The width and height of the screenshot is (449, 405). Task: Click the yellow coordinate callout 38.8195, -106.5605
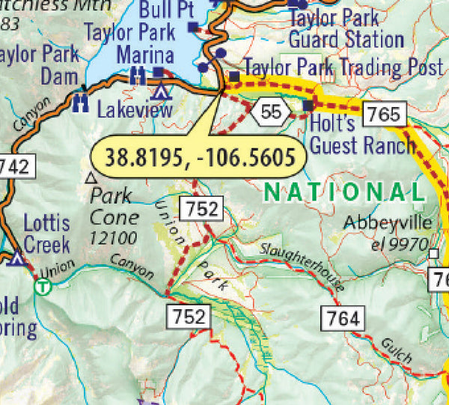tap(194, 157)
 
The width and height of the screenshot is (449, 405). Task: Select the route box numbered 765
tap(384, 115)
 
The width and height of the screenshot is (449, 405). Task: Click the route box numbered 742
tap(16, 166)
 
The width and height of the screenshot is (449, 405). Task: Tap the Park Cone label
tap(112, 207)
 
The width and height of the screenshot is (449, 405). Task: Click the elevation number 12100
tap(112, 238)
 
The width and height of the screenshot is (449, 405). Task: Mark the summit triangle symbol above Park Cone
tap(91, 178)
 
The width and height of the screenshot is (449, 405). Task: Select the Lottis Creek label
tap(46, 234)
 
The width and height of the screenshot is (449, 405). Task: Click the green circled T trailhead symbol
tap(45, 285)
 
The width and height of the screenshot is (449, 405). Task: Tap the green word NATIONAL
tap(344, 193)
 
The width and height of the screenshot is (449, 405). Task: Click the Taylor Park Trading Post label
tap(343, 67)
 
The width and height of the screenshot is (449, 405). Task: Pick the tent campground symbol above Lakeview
tap(159, 91)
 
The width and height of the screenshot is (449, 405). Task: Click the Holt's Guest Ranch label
tap(362, 135)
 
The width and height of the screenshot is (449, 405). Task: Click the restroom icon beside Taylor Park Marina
tap(137, 75)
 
